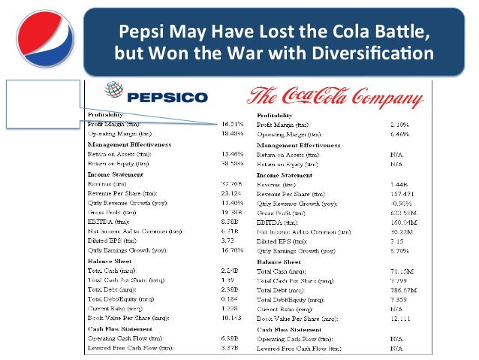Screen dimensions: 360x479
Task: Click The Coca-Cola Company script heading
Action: pyautogui.click(x=334, y=96)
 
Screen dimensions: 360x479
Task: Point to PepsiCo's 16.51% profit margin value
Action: pyautogui.click(x=230, y=122)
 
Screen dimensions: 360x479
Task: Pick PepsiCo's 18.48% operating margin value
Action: pyautogui.click(x=230, y=132)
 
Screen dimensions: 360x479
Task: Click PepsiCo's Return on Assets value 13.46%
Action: pyautogui.click(x=230, y=153)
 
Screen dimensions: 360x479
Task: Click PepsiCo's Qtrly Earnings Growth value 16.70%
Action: pyautogui.click(x=230, y=251)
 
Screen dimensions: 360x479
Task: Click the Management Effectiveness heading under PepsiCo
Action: pyautogui.click(x=129, y=143)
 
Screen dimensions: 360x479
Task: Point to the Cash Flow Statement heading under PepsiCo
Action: pyautogui.click(x=123, y=329)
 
